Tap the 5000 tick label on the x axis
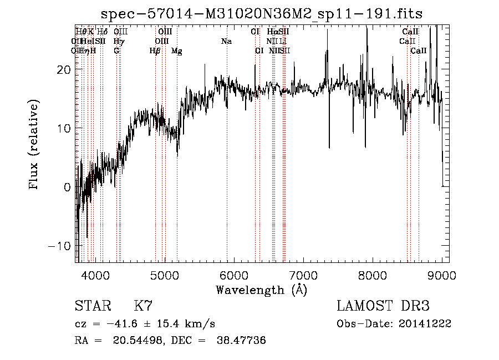165,275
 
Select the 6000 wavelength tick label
234,275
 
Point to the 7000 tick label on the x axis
303,275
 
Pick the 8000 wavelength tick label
373,275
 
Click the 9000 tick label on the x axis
442,275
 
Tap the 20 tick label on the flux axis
64,69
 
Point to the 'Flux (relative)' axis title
34,145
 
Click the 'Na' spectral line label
226,42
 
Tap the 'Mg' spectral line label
176,51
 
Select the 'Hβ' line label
155,51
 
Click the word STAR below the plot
93,306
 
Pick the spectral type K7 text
143,306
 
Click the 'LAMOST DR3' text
383,306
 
